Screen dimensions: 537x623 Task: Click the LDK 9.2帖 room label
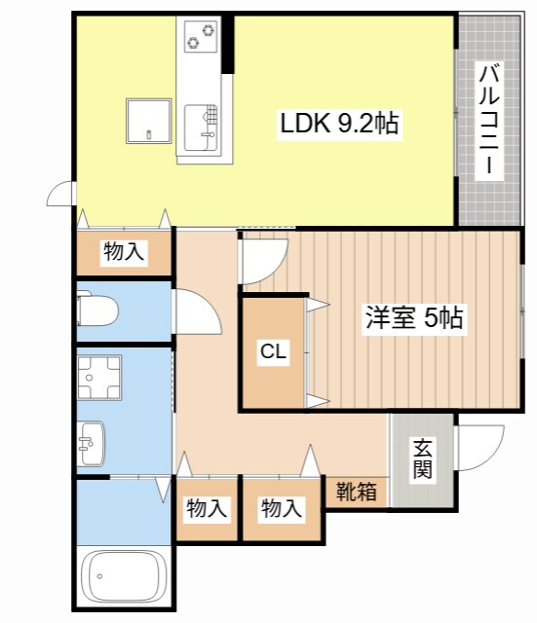[339, 124]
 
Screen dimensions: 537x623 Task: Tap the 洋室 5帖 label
[414, 317]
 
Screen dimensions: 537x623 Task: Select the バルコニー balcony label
[489, 121]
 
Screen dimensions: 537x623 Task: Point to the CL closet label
[273, 351]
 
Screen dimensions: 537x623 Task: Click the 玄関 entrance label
[422, 458]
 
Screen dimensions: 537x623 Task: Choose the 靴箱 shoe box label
[357, 492]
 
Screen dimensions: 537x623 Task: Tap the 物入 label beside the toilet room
[124, 251]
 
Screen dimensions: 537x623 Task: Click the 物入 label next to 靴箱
[282, 508]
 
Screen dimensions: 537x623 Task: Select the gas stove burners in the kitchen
[202, 36]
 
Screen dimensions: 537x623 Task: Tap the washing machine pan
[99, 377]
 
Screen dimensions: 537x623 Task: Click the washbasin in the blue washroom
[91, 443]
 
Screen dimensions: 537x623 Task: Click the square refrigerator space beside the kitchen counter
[149, 121]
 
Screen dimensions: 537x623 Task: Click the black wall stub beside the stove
[228, 44]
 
